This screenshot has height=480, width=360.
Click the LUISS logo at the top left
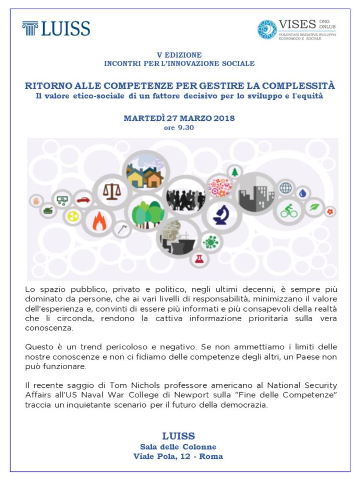[56, 28]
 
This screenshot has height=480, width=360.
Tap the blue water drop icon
[302, 192]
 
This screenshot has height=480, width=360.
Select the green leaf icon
[315, 207]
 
